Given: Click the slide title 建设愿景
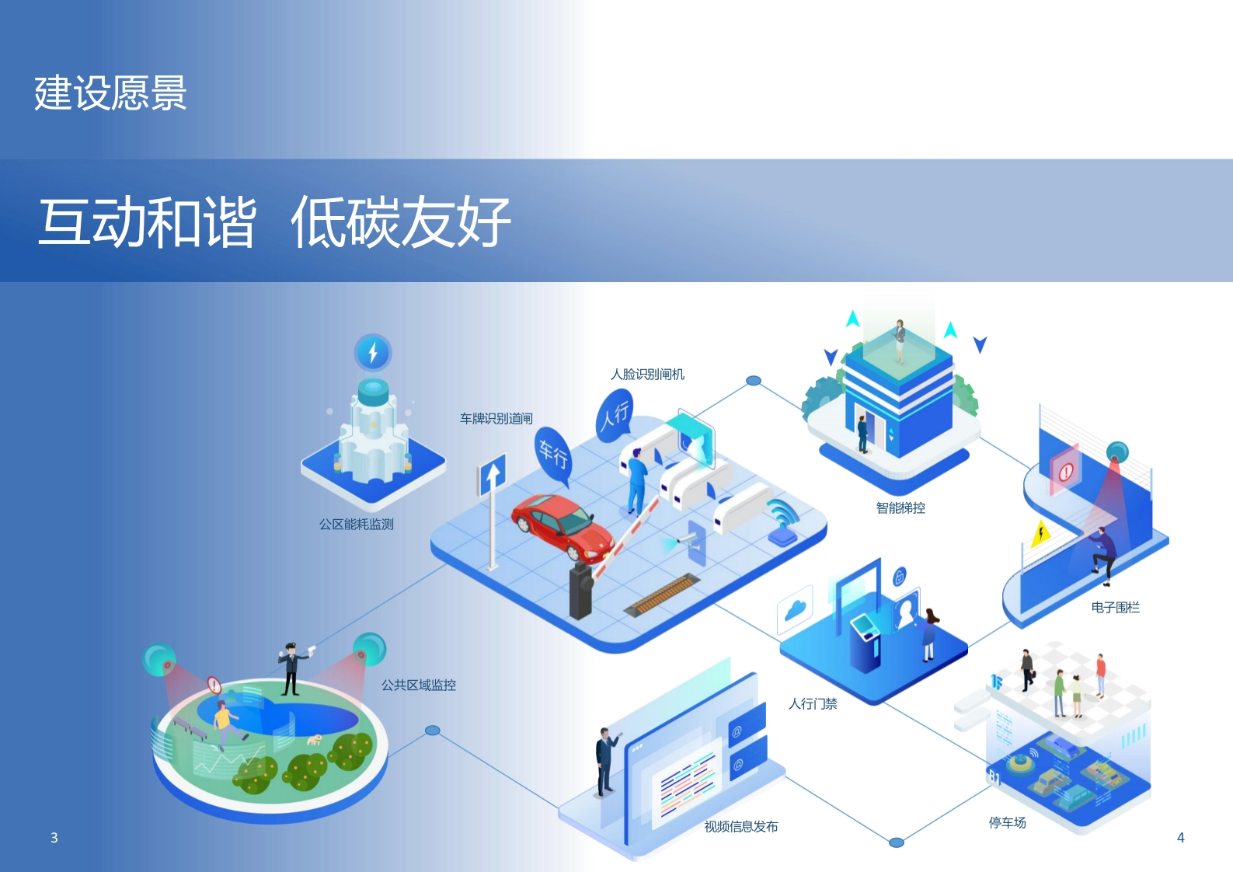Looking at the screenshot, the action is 110,93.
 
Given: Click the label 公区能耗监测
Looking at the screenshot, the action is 357,524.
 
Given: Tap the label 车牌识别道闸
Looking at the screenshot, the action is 496,418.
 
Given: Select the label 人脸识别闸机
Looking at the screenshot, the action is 648,375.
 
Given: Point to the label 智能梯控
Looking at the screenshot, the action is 900,508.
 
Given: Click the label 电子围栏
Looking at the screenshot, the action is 1115,607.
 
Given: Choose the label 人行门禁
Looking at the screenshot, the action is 813,703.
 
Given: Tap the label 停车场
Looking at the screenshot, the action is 1008,822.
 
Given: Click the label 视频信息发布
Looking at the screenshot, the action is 741,826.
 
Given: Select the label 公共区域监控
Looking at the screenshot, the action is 419,685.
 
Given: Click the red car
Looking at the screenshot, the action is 563,525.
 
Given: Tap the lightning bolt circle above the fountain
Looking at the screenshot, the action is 373,352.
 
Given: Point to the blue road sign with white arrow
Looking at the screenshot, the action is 492,475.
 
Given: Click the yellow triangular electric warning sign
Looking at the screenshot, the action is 1040,533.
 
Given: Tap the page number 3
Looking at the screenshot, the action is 54,837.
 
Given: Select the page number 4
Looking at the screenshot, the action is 1181,837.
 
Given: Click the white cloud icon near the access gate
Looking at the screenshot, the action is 796,611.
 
